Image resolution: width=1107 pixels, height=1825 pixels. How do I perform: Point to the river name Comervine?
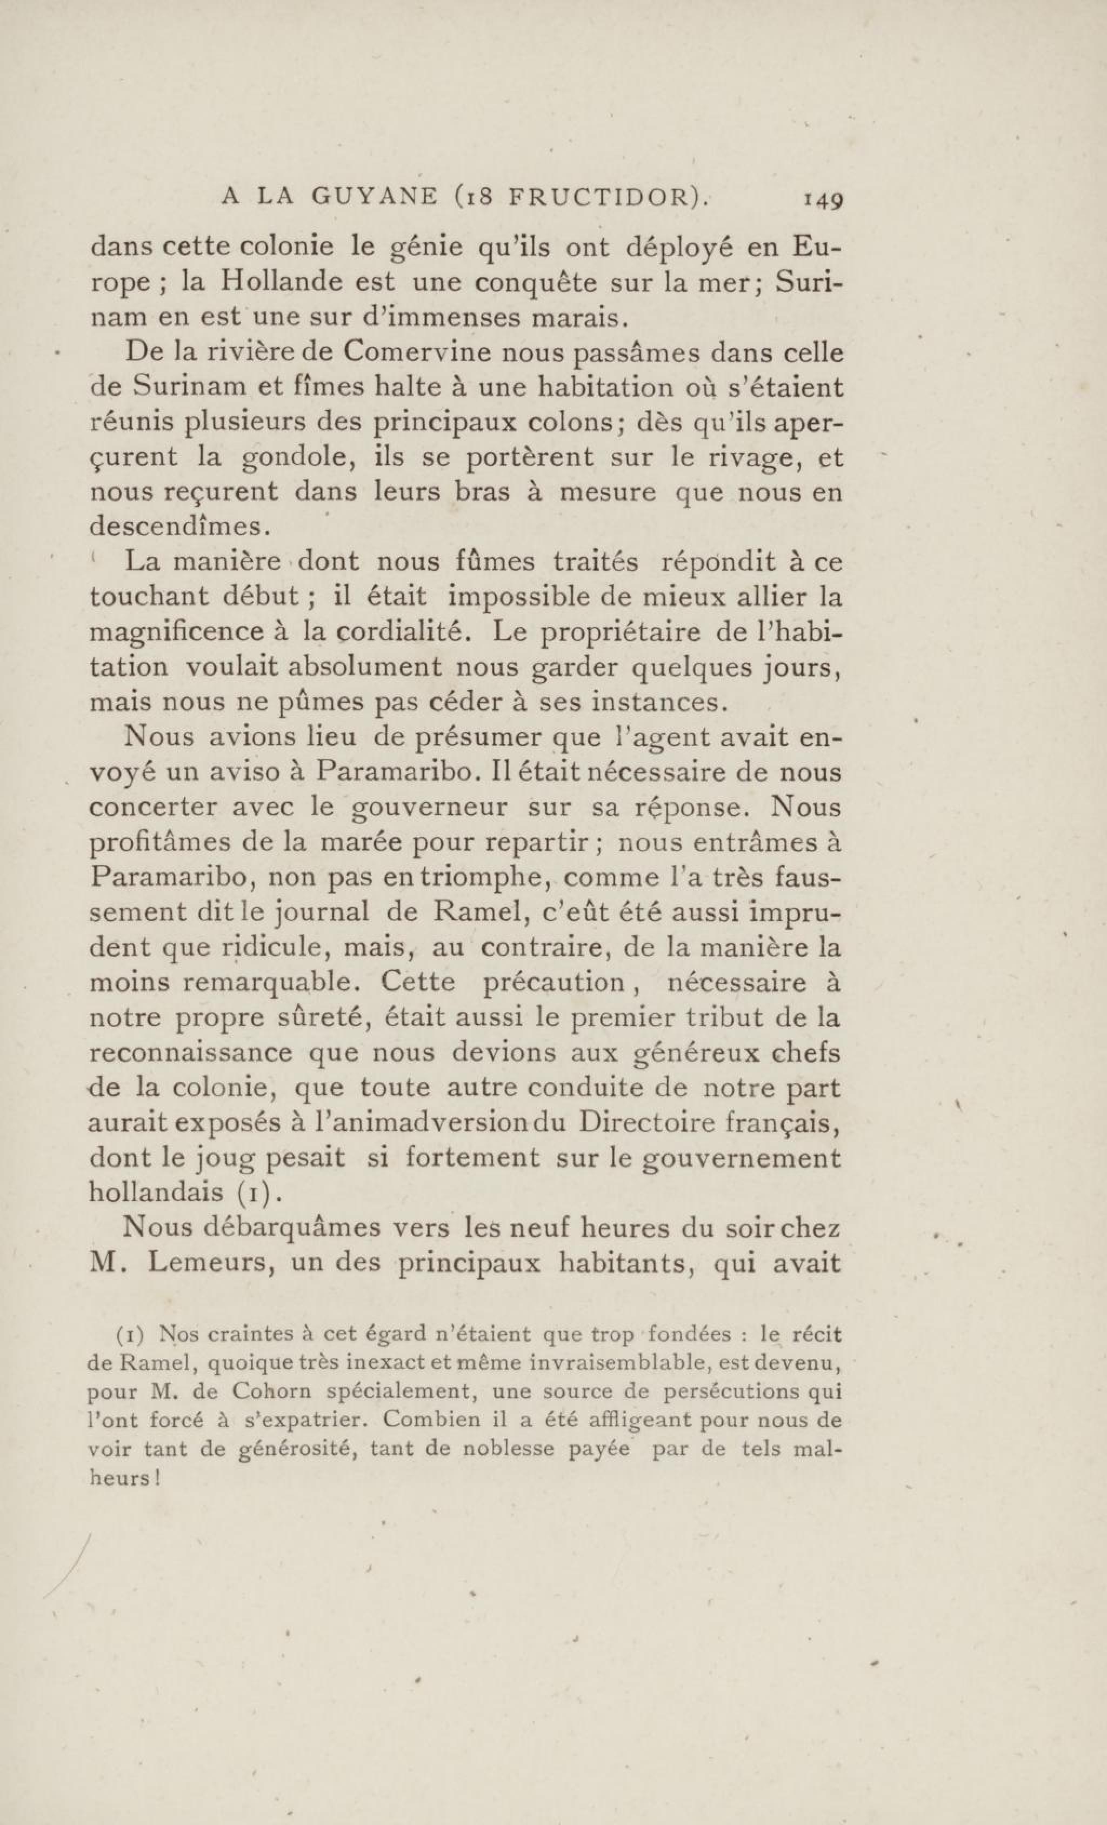tap(418, 352)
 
